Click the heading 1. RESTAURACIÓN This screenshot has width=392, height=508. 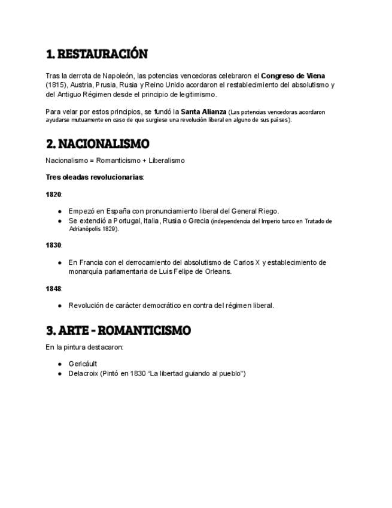point(96,55)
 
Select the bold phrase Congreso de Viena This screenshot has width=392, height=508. point(293,76)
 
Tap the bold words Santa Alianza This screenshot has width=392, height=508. point(203,111)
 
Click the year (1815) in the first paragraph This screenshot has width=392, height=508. point(56,85)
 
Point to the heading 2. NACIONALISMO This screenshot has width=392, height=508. point(97,144)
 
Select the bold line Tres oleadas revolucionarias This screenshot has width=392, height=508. point(95,177)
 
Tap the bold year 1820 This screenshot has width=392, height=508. point(53,194)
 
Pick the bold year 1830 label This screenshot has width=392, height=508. point(53,245)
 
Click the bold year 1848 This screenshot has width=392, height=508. point(53,289)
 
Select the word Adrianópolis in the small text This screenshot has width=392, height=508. point(84,229)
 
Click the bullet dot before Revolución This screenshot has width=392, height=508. point(60,306)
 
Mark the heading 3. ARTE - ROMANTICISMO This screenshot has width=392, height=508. point(118,331)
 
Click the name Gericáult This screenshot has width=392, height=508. point(83,364)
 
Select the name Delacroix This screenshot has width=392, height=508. point(83,373)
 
